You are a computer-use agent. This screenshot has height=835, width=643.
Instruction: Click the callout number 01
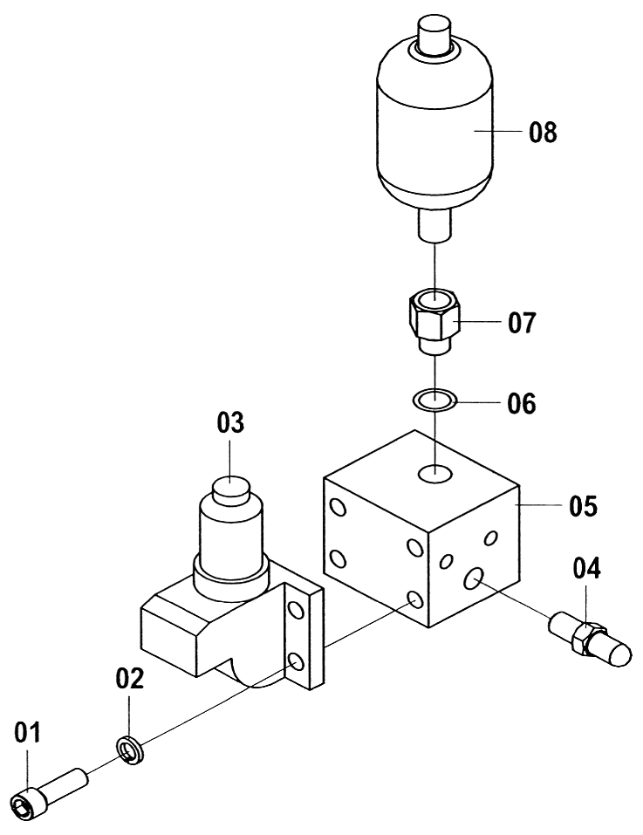point(27,733)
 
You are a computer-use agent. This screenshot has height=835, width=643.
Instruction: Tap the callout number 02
point(130,679)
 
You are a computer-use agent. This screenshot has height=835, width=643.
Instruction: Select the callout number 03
point(230,422)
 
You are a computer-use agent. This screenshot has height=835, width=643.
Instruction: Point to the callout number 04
point(586,568)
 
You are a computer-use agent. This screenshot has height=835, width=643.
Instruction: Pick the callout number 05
point(584,505)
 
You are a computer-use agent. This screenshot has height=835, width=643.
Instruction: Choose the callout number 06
point(521,404)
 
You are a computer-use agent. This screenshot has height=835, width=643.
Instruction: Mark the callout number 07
point(522,323)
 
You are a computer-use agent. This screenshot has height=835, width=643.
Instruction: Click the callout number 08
point(543,132)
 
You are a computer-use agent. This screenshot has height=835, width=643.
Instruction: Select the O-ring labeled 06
point(435,399)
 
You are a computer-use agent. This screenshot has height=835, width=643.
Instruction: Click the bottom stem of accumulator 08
point(434,225)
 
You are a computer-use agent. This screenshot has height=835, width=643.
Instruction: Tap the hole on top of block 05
point(434,473)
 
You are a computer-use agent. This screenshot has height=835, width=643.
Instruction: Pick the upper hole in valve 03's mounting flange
point(296,610)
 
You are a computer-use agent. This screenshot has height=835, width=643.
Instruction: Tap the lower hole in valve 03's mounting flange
point(296,662)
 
